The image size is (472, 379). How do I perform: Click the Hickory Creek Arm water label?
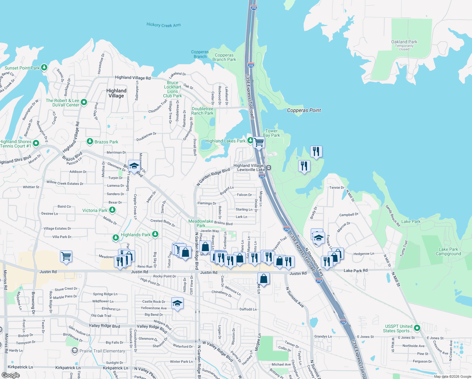point(163,25)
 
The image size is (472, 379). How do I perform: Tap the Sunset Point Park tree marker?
point(44,67)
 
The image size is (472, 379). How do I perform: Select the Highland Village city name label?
point(116,93)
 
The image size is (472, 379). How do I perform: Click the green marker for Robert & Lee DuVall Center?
point(84,102)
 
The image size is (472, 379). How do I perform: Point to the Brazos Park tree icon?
point(90,141)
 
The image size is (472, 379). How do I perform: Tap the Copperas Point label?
point(304,110)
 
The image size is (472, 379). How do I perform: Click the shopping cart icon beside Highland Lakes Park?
point(259,142)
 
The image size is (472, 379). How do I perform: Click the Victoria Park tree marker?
point(112,210)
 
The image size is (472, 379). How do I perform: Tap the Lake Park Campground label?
point(448,251)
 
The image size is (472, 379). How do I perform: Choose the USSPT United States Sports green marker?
point(417,328)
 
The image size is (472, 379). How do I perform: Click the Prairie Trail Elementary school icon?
point(74,351)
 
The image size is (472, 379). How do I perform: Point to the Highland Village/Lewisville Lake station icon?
point(268,168)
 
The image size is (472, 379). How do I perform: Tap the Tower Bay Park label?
point(271,133)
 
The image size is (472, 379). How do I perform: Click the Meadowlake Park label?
point(201,223)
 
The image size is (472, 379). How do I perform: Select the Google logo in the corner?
point(10,375)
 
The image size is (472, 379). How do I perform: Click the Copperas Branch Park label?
point(224,57)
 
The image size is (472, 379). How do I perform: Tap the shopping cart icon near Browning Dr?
point(66,256)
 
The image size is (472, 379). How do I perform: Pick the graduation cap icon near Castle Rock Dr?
point(177,304)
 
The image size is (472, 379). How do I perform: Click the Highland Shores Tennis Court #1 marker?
point(36,143)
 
